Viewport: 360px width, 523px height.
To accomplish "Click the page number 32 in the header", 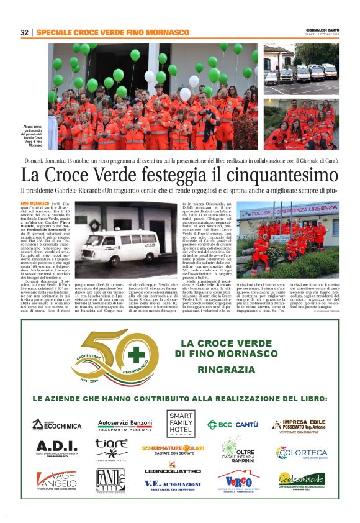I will click(25, 32).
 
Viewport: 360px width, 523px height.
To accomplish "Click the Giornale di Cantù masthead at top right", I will click(322, 30).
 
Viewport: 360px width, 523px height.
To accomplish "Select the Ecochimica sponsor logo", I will click(56, 425).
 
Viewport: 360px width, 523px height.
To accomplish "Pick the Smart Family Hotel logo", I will click(181, 424).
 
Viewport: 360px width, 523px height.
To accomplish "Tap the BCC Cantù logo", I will click(232, 425).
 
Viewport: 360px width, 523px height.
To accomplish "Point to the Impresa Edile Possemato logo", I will click(299, 426).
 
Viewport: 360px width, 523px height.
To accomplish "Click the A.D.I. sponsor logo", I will click(56, 448).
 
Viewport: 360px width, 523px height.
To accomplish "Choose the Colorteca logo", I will click(302, 453).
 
